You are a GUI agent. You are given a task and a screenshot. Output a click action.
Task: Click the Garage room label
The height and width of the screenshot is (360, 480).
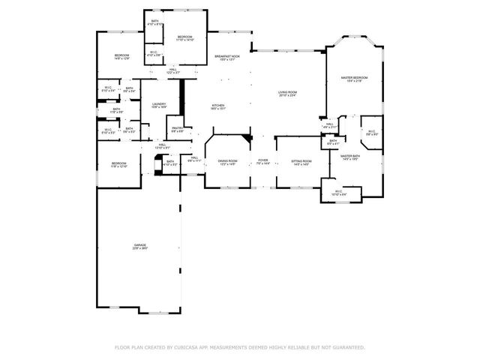[140, 245]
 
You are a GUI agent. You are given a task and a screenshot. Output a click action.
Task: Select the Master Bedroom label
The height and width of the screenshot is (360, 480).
[354, 77]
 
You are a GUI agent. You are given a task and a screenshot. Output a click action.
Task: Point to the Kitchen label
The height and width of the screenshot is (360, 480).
[218, 105]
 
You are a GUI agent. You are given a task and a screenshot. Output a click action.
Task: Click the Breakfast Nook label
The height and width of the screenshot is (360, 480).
[226, 56]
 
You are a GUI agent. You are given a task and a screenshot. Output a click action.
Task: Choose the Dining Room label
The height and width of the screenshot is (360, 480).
[227, 160]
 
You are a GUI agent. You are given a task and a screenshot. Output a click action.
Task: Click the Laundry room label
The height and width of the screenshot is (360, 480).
[158, 104]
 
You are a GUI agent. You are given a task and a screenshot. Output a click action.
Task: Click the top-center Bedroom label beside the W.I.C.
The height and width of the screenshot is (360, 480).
[184, 37]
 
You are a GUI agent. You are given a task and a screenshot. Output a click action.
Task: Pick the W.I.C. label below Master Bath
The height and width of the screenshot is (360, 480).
[338, 191]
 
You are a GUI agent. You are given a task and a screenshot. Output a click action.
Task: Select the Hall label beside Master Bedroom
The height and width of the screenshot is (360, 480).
[329, 124]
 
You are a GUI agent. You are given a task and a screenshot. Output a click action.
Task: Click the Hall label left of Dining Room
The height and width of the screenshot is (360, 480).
[193, 157]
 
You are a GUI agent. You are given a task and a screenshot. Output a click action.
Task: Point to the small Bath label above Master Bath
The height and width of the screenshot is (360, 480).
[333, 140]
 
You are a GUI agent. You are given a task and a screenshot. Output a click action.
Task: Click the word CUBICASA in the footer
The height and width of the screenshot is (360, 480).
[190, 347]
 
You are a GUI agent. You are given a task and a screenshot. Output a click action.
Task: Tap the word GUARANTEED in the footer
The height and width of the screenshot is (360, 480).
[347, 347]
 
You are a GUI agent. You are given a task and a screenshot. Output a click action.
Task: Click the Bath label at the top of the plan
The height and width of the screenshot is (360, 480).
[154, 21]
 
